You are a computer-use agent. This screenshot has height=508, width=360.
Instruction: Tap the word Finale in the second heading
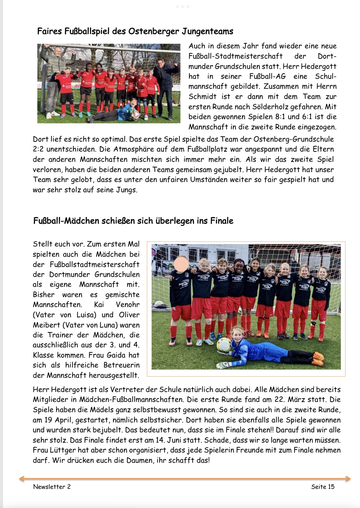(221, 221)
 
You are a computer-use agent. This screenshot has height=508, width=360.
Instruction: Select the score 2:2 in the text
(38, 149)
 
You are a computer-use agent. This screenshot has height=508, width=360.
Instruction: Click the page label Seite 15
(323, 487)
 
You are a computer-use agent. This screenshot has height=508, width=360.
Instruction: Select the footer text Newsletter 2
(52, 487)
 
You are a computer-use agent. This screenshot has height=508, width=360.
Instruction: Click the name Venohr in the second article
(128, 305)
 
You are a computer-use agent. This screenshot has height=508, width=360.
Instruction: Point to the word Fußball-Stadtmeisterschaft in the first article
(235, 56)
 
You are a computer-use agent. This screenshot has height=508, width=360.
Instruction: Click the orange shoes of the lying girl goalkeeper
(318, 359)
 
